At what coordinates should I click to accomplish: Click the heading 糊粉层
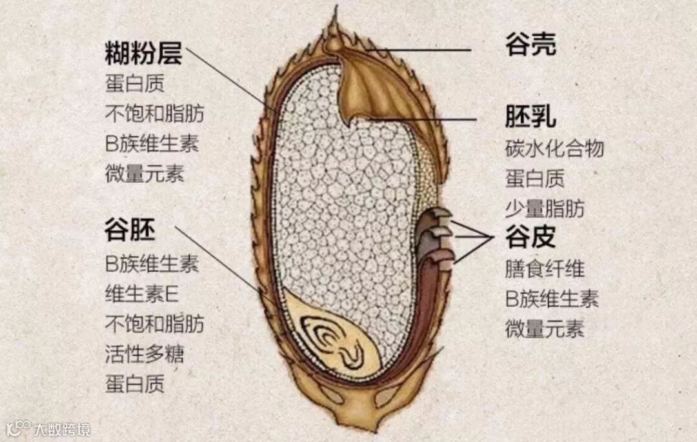click(143, 54)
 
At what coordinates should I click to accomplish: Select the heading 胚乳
click(530, 117)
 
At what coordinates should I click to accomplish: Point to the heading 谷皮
click(530, 238)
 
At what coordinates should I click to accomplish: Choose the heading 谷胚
click(130, 230)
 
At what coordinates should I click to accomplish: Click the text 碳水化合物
click(554, 148)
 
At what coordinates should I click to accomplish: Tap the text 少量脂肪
click(545, 208)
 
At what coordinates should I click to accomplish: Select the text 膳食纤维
click(545, 268)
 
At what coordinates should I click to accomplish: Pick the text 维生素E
click(141, 294)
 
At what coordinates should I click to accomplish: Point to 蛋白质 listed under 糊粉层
click(134, 84)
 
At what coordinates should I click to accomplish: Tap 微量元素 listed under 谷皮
click(545, 328)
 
